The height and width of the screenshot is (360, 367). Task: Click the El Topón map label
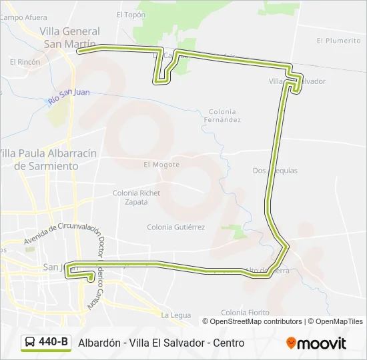[x=131, y=14]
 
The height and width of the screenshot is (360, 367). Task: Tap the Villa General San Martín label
[x=69, y=37]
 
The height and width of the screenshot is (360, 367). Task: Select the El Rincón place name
[x=25, y=62]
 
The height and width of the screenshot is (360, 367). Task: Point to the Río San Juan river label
[x=69, y=96]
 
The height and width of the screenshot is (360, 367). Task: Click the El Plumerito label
[x=338, y=41]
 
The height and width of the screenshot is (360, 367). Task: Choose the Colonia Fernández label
[x=224, y=116]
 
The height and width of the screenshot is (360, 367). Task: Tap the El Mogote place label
[x=161, y=165]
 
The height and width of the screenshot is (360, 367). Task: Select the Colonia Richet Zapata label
[x=136, y=197]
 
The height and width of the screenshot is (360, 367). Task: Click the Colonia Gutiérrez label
[x=175, y=227]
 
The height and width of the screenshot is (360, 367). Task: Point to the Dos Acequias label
[x=275, y=171]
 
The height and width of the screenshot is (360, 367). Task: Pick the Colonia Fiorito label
[x=245, y=312]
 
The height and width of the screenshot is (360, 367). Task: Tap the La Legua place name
[x=176, y=315]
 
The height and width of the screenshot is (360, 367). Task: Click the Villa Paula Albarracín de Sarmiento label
[x=47, y=159]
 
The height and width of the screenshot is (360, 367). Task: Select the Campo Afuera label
[x=23, y=18]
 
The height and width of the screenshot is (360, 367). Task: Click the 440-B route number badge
[x=53, y=342]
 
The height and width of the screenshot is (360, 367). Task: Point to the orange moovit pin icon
[x=291, y=343]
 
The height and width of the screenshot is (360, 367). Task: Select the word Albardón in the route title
[x=99, y=343]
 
